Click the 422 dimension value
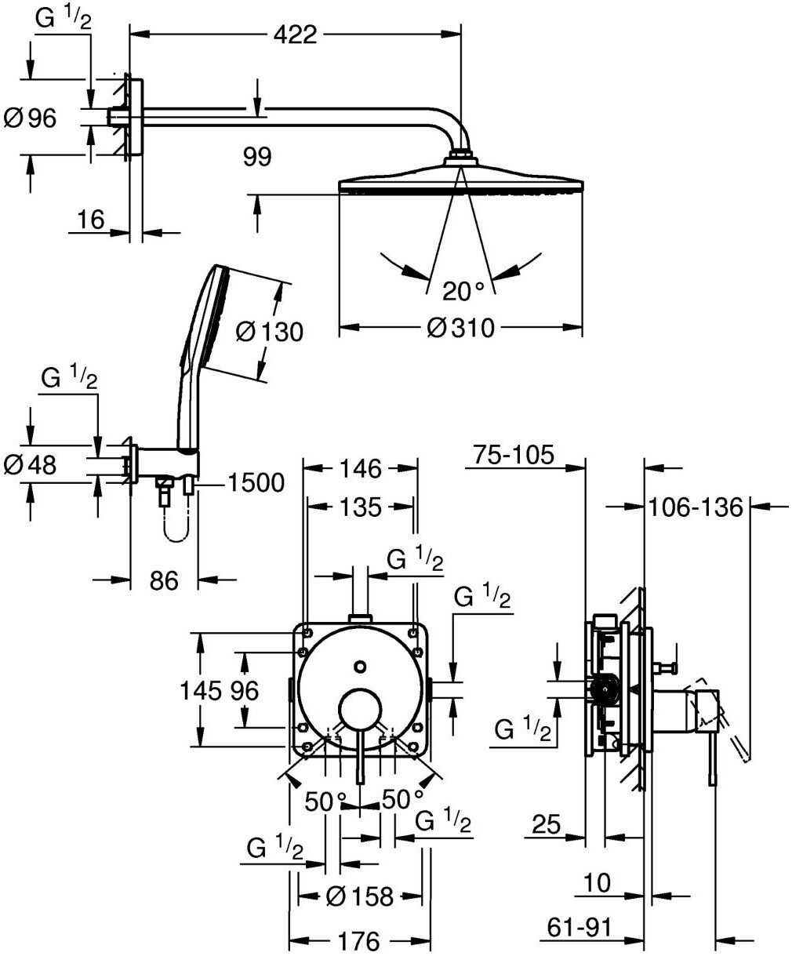tap(296, 35)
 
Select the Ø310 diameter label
tap(461, 328)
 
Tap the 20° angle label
tap(463, 291)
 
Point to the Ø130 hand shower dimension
tap(270, 332)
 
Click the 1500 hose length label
tap(256, 482)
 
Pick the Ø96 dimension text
tap(31, 118)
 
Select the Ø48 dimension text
tap(31, 465)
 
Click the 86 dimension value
tap(164, 581)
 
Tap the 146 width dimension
tap(361, 469)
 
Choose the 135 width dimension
tap(361, 507)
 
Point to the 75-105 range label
tap(514, 455)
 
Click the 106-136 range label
tap(696, 507)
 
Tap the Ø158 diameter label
tap(360, 896)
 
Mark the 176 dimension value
tap(359, 941)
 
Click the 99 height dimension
tap(257, 157)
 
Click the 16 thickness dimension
tap(91, 220)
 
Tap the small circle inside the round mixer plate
tap(361, 666)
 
